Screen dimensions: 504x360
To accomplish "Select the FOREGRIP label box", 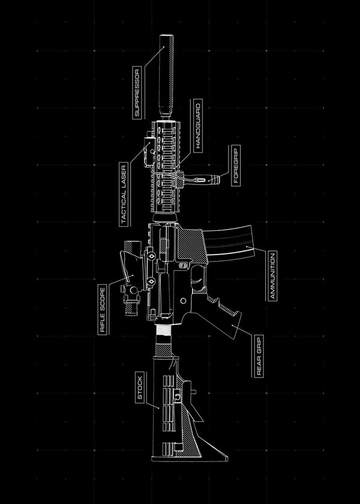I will pyautogui.click(x=235, y=164).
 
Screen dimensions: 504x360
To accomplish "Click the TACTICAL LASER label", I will pyautogui.click(x=124, y=194).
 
